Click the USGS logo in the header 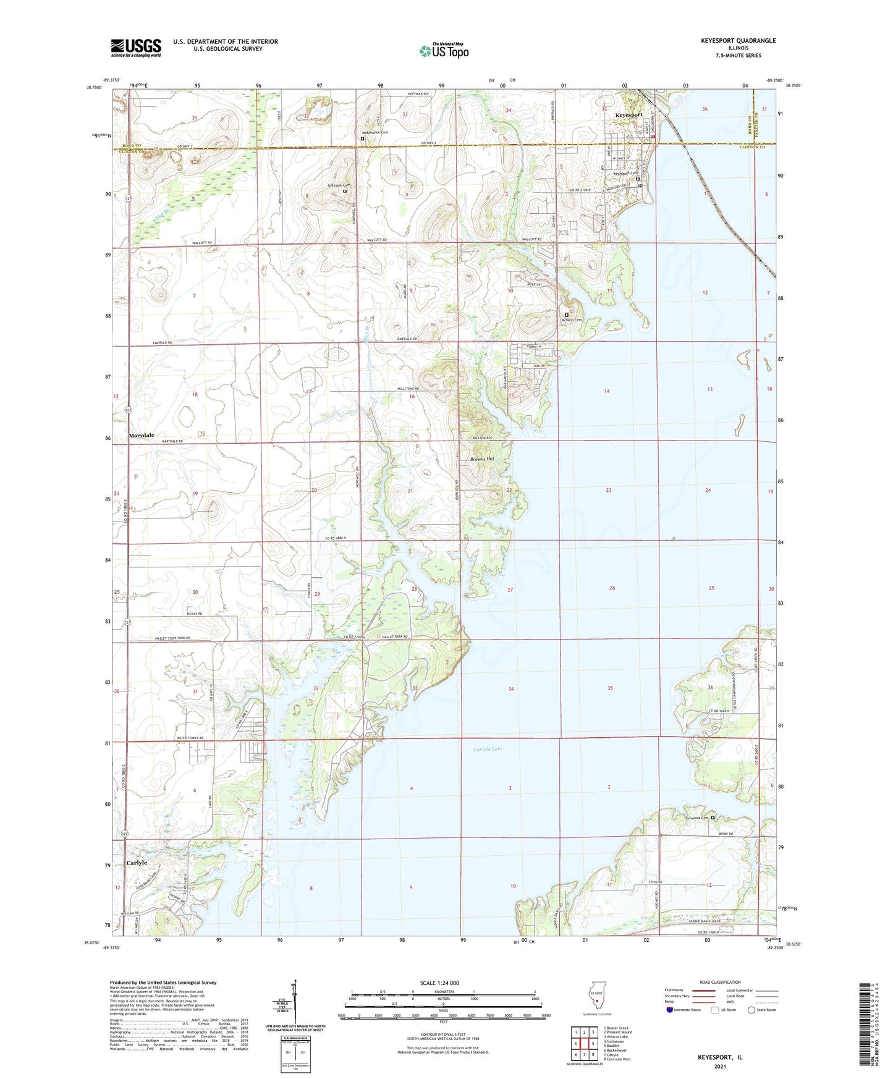click(135, 48)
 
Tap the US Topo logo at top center click(444, 51)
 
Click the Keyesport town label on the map click(628, 115)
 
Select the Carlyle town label click(137, 862)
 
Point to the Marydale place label click(141, 436)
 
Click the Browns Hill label click(482, 459)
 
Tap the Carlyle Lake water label click(488, 749)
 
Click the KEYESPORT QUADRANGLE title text click(738, 41)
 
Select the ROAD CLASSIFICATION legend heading click(721, 982)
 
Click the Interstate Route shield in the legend click(670, 1010)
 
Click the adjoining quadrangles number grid click(583, 1044)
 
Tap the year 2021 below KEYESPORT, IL click(720, 1066)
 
